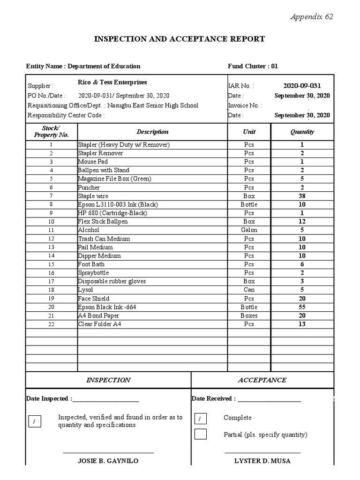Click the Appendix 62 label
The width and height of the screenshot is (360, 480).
pyautogui.click(x=312, y=17)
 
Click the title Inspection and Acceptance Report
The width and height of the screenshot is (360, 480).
pyautogui.click(x=180, y=39)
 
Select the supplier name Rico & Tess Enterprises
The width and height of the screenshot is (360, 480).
pyautogui.click(x=112, y=82)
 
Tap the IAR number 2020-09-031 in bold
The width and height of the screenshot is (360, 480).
pyautogui.click(x=302, y=86)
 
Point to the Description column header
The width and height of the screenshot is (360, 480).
pyautogui.click(x=152, y=132)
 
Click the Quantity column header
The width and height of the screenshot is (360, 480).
pyautogui.click(x=302, y=132)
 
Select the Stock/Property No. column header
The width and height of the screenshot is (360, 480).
pyautogui.click(x=51, y=131)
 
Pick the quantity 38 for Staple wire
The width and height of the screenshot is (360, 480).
pyautogui.click(x=302, y=196)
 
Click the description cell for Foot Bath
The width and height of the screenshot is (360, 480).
pyautogui.click(x=91, y=264)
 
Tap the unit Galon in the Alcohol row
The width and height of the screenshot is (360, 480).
pyautogui.click(x=249, y=230)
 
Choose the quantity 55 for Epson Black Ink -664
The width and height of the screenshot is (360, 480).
pyautogui.click(x=302, y=307)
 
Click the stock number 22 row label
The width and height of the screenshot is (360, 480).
pyautogui.click(x=51, y=324)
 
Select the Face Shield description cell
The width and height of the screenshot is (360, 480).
pyautogui.click(x=94, y=299)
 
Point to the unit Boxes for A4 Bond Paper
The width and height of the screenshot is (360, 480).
pyautogui.click(x=249, y=315)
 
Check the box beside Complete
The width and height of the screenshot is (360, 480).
pyautogui.click(x=200, y=419)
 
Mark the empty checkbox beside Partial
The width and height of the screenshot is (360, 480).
pyautogui.click(x=200, y=434)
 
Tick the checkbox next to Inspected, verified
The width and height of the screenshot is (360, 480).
pyautogui.click(x=34, y=421)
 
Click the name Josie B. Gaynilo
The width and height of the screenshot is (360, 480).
pyautogui.click(x=108, y=461)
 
